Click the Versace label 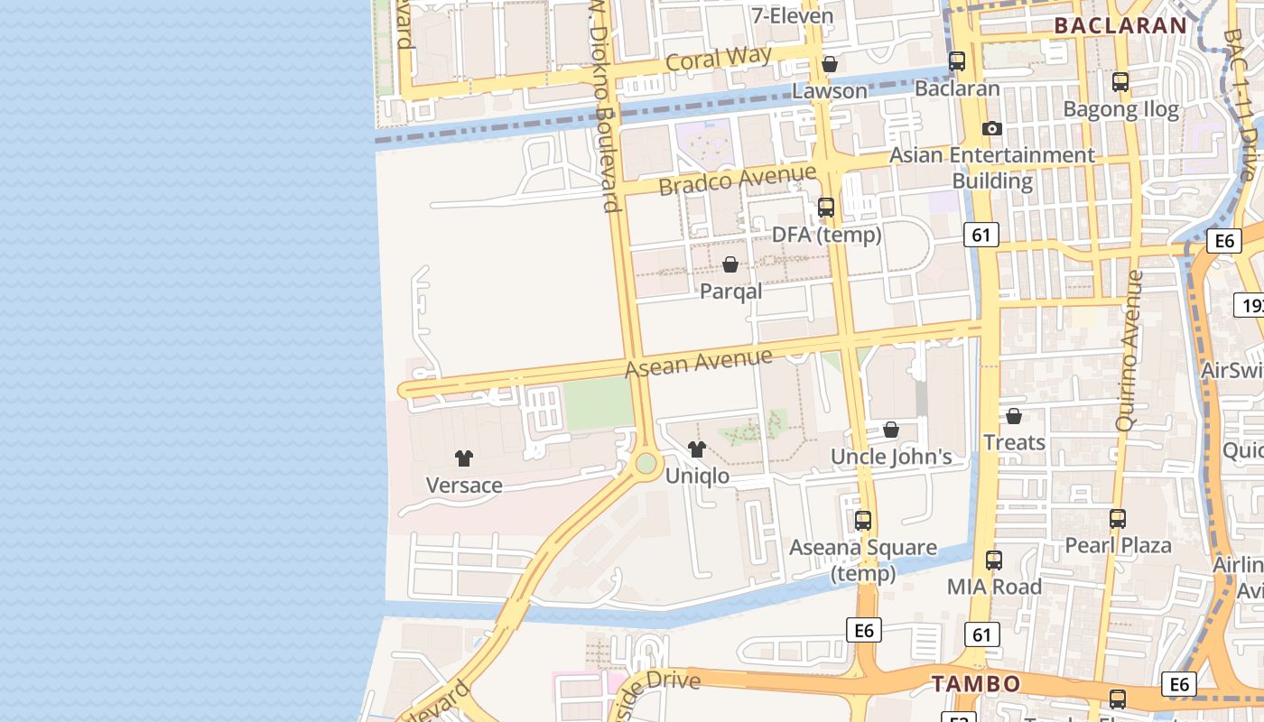(464, 485)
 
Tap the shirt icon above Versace (464, 458)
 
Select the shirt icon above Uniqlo (696, 449)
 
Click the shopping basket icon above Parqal (730, 265)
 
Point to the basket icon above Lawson (830, 65)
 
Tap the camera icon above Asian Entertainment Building (992, 129)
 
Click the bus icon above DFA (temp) (825, 208)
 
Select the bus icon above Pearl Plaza (1118, 519)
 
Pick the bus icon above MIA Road (994, 560)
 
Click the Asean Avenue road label (699, 362)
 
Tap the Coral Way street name (719, 60)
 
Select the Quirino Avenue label (1129, 350)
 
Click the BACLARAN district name (1120, 25)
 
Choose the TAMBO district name (976, 683)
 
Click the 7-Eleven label (792, 15)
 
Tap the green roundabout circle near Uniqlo (646, 464)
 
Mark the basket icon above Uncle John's (891, 430)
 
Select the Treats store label (1014, 442)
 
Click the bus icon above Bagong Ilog (1120, 82)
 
